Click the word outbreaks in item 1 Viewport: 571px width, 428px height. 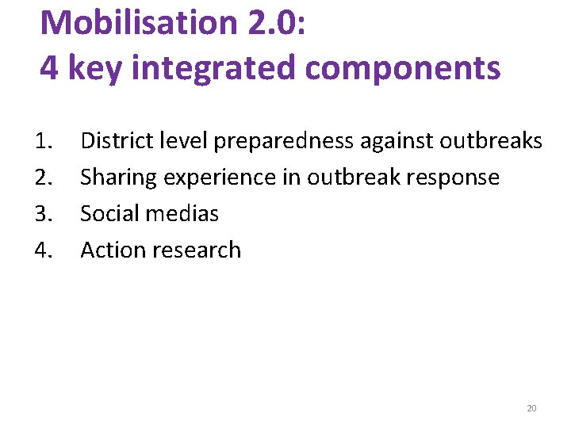[x=491, y=141]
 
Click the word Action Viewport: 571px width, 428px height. [x=109, y=250]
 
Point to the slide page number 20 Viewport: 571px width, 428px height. [x=531, y=408]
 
